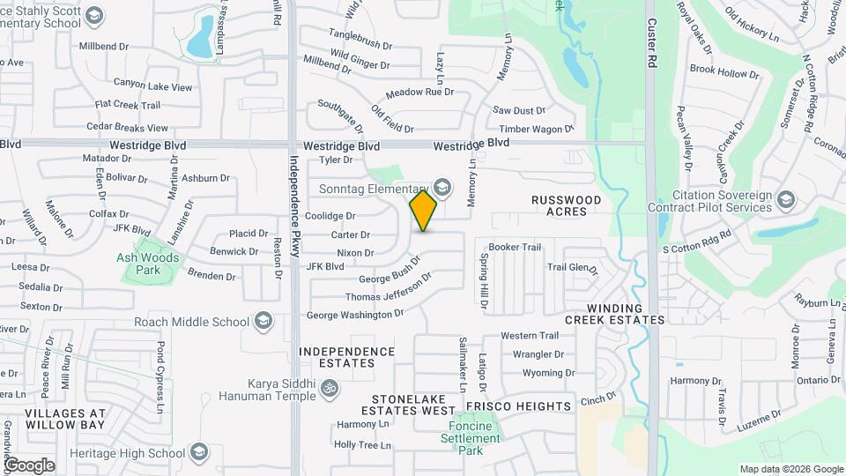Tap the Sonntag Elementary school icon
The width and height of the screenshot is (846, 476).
point(442,187)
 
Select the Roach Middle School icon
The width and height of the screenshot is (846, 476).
point(263,322)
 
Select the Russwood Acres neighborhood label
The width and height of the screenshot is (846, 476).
point(566,206)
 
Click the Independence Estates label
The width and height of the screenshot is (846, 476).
point(346,357)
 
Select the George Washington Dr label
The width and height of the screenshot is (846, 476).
point(354,315)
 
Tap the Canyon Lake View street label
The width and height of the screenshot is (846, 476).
point(152,86)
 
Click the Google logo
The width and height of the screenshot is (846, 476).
point(29,465)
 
